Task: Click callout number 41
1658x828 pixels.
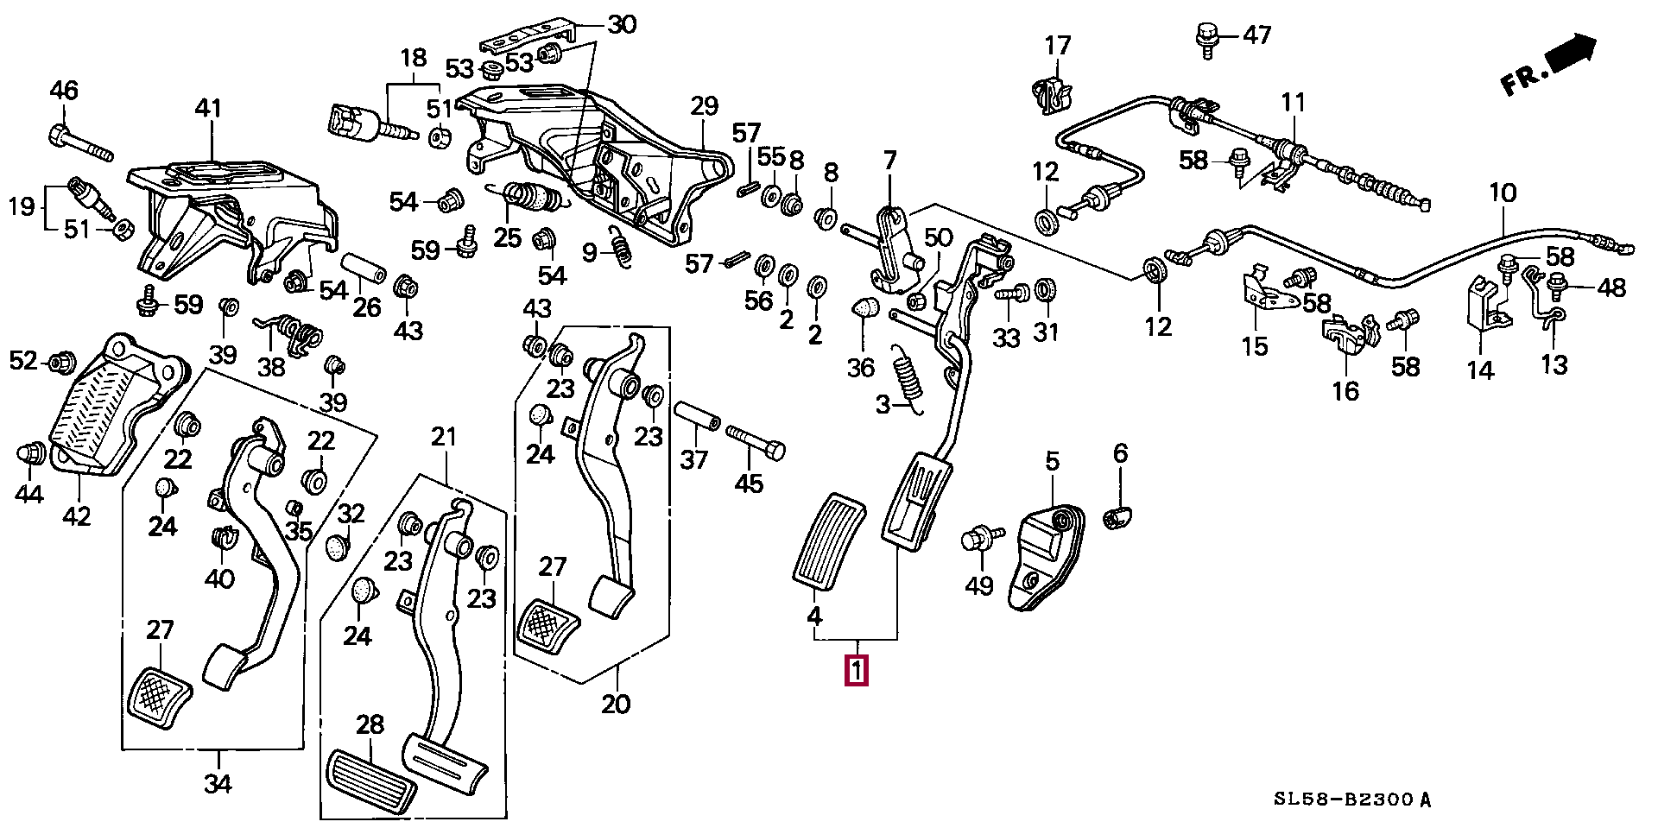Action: pos(207,109)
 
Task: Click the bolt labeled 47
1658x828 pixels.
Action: pos(1206,39)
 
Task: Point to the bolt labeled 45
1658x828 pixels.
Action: pos(757,442)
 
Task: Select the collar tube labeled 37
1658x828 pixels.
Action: pos(696,417)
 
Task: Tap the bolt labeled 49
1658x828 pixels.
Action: pos(980,539)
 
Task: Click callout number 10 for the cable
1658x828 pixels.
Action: pos(1503,193)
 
